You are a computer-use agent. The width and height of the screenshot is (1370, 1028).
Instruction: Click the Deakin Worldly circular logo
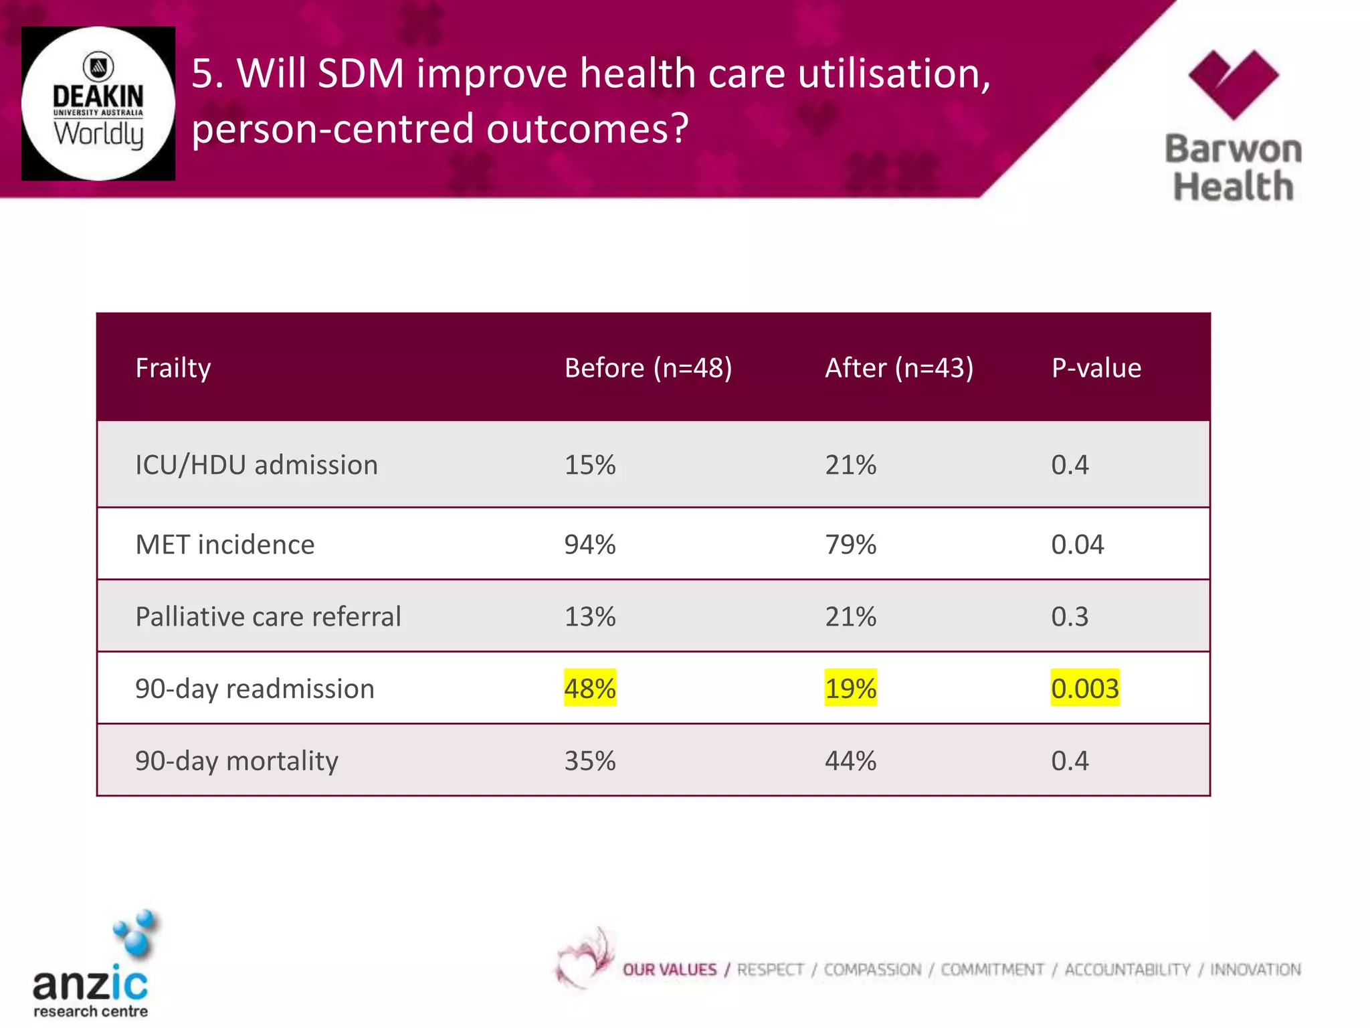(98, 104)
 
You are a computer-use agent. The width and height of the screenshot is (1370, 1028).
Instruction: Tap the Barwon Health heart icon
(1233, 84)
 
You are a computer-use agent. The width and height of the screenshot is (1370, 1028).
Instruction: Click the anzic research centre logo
(94, 967)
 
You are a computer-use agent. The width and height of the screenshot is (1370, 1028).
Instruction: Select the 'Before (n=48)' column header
(648, 368)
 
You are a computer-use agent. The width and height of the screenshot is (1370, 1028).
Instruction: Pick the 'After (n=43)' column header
(898, 368)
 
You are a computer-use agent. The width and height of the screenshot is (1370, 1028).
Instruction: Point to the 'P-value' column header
(1096, 368)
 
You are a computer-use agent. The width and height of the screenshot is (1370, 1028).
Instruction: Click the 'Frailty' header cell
(173, 368)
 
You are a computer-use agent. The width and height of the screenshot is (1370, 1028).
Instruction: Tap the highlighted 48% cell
(589, 689)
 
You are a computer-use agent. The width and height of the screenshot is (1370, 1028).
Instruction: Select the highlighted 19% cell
(850, 689)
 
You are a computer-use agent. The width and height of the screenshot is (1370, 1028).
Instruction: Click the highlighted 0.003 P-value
(1084, 689)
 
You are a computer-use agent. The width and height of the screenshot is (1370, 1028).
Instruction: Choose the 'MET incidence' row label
(225, 545)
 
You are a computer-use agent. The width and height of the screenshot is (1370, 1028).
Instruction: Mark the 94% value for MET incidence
(589, 545)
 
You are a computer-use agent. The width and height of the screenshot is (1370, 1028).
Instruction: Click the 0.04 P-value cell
(1077, 545)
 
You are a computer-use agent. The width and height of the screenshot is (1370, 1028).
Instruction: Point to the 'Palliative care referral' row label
(268, 616)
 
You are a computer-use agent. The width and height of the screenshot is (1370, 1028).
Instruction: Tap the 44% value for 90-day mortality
(850, 761)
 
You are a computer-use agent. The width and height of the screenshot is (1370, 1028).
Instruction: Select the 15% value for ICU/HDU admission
(589, 465)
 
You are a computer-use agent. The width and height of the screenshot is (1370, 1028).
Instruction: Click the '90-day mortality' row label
(237, 761)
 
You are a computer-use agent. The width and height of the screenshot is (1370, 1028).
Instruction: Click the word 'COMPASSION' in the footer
(872, 970)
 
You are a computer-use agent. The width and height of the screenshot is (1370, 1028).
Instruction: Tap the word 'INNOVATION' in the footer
(1255, 970)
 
